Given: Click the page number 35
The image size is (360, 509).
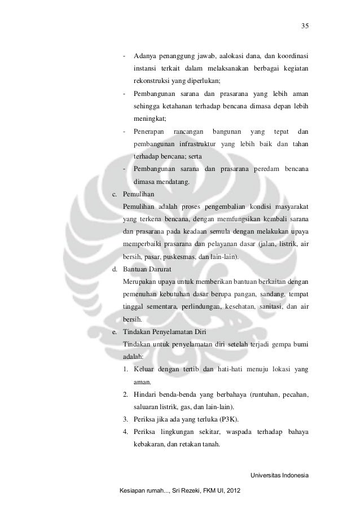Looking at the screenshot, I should coord(305,26).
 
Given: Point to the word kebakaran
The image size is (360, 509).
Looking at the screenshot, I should coord(149,445).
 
